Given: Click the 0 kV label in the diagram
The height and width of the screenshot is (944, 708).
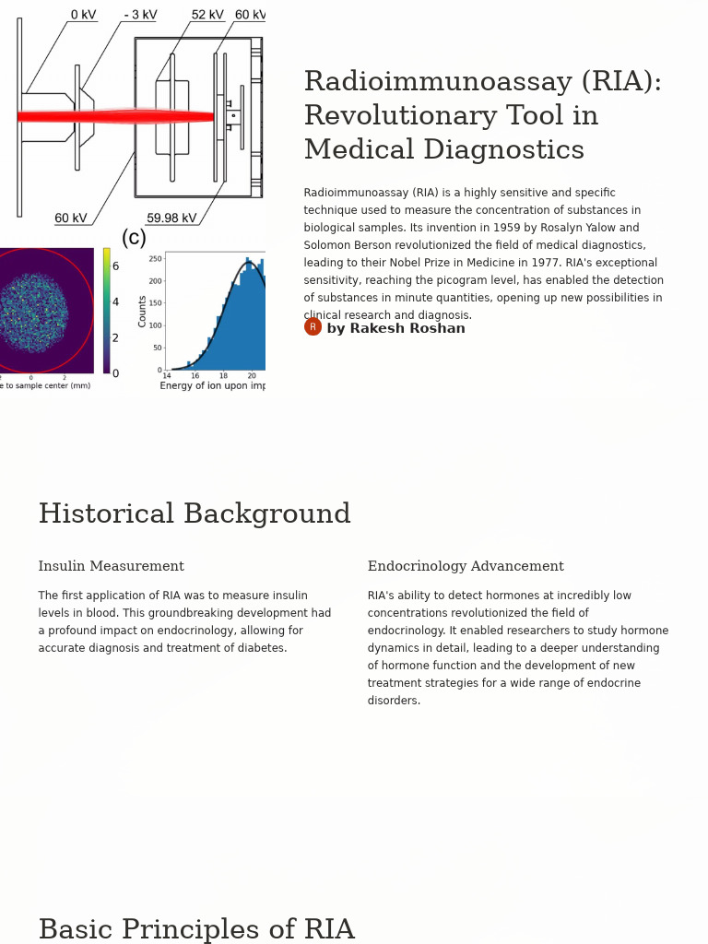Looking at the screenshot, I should click(83, 15).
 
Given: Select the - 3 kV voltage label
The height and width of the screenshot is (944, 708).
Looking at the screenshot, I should click(140, 15).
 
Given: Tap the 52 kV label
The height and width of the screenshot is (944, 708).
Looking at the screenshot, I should click(207, 15).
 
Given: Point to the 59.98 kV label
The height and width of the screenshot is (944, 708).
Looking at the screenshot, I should click(171, 218).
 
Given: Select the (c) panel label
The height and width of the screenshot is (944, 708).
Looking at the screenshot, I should click(134, 238).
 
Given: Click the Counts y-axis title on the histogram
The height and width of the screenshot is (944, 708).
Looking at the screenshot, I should click(143, 311).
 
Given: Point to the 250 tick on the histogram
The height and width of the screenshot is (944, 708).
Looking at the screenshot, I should click(155, 259).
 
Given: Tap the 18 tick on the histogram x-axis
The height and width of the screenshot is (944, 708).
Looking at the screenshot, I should click(223, 376).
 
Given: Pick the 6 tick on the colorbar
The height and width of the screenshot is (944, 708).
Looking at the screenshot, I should click(115, 266).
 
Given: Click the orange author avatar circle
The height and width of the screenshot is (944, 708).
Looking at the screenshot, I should click(313, 327).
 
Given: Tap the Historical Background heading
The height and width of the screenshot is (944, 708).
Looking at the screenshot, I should click(195, 513).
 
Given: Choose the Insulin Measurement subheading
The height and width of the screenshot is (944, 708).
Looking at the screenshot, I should click(111, 566).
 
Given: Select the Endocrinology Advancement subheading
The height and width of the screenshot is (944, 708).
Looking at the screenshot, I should click(466, 566).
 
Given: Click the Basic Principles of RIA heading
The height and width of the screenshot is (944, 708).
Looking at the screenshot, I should click(196, 929).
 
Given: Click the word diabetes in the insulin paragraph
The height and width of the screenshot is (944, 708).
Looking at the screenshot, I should click(261, 648).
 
